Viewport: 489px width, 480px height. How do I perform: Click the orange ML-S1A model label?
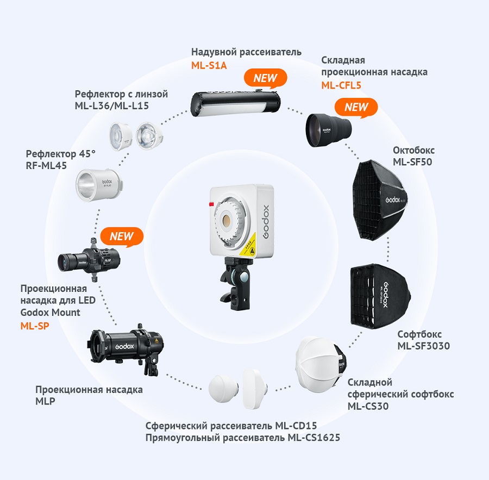tap(209, 66)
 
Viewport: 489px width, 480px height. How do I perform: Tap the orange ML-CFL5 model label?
tap(341, 85)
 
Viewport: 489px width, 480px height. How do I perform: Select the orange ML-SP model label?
tap(35, 326)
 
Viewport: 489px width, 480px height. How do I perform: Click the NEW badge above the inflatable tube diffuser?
tap(265, 78)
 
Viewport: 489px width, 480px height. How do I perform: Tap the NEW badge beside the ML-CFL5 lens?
tap(356, 108)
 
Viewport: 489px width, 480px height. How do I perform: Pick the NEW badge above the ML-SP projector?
tap(122, 236)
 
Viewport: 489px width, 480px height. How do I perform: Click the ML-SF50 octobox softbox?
tap(380, 200)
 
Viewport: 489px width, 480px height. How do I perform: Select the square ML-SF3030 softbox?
tap(380, 296)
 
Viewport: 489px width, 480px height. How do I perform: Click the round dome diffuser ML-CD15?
tap(224, 390)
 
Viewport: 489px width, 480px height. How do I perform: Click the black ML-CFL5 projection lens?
tap(329, 130)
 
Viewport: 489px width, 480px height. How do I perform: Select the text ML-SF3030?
tap(423, 346)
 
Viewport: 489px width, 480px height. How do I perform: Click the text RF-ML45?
tap(46, 166)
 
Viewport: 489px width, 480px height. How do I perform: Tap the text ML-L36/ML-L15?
tap(111, 106)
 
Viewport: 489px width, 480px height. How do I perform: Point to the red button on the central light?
tap(211, 204)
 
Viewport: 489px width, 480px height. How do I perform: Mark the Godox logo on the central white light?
tap(266, 222)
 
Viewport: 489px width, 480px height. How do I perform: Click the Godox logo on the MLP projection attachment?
tap(125, 346)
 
